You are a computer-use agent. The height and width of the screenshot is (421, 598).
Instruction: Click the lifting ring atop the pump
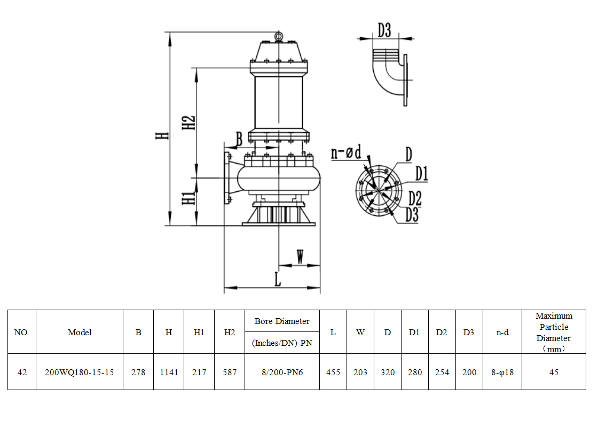(278, 36)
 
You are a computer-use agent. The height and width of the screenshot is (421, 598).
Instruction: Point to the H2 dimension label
(188, 123)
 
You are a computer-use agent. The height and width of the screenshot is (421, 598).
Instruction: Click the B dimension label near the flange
(239, 140)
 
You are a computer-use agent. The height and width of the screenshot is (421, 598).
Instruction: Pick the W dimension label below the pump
(301, 257)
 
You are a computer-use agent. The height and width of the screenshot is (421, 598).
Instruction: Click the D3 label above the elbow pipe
(384, 30)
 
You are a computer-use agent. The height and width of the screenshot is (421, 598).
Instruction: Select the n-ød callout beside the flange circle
(345, 153)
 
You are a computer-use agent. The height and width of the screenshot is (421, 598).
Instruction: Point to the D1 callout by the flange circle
(422, 173)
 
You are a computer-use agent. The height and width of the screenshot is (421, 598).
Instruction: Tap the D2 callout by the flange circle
(415, 198)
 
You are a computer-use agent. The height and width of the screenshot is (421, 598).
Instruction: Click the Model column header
(80, 332)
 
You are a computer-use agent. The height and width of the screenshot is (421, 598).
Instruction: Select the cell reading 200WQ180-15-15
(80, 372)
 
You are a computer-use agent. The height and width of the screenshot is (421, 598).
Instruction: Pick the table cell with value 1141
(169, 372)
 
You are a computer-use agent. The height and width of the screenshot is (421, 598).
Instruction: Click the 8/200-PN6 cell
(282, 372)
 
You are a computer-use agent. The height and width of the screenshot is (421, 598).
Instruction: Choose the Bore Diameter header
(282, 321)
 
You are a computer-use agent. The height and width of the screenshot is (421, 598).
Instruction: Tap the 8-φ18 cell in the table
(502, 372)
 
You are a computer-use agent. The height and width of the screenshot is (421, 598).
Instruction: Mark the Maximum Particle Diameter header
(554, 332)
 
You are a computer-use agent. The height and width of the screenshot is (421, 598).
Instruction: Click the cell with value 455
(333, 372)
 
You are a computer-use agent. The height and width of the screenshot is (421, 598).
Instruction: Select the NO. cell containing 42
(22, 372)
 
